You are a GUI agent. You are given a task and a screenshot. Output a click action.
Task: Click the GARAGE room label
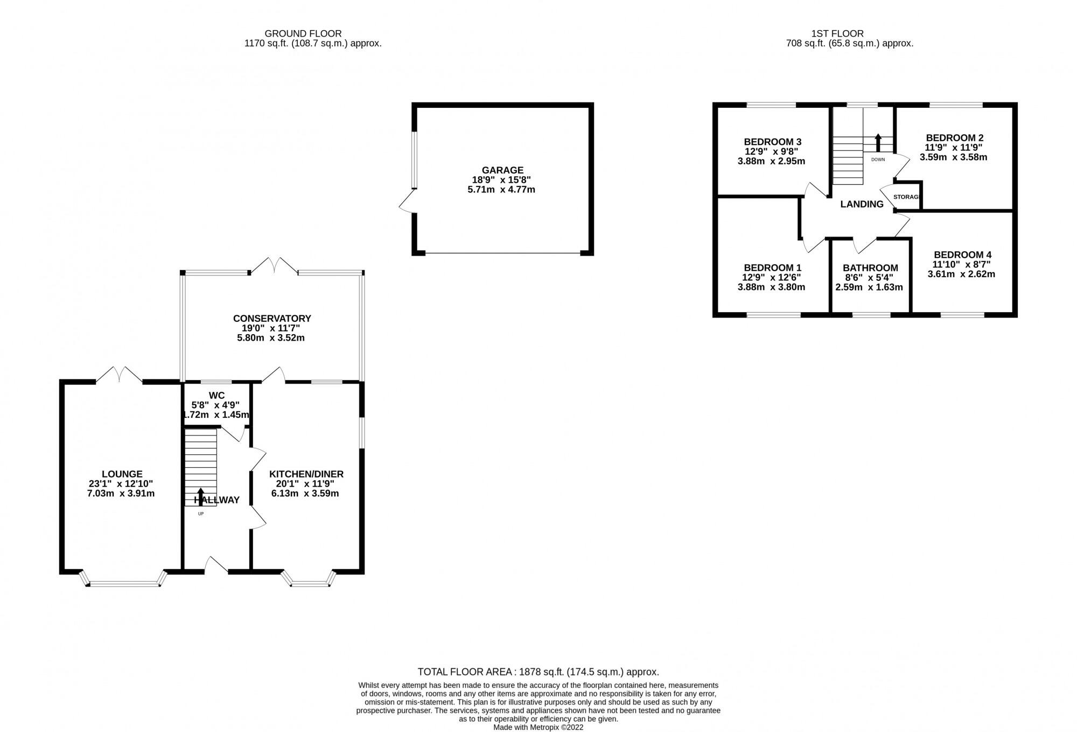502,170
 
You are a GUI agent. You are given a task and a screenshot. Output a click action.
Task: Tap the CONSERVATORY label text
272,319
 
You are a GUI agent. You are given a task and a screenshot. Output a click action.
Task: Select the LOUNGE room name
122,474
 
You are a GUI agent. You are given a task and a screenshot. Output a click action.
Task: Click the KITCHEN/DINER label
306,474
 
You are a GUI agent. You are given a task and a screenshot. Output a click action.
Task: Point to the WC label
216,396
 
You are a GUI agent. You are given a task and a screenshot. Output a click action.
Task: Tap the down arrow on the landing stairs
878,142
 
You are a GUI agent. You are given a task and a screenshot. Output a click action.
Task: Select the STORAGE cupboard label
906,197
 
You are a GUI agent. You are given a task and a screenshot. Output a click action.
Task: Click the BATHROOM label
870,268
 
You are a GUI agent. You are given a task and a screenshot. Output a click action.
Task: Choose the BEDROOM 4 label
962,255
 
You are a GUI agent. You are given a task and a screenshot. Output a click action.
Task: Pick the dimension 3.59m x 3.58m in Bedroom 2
953,157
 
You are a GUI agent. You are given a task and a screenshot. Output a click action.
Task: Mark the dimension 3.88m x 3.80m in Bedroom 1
771,287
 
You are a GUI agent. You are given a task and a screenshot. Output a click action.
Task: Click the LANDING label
862,204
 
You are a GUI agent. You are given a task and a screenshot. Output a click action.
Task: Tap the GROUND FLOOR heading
303,33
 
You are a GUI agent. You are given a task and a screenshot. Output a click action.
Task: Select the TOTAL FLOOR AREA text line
538,672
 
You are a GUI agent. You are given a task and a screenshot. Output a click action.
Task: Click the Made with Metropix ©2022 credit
538,727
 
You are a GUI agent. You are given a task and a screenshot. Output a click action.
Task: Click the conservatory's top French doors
275,265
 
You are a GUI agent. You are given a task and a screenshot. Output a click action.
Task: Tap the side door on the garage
407,203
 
